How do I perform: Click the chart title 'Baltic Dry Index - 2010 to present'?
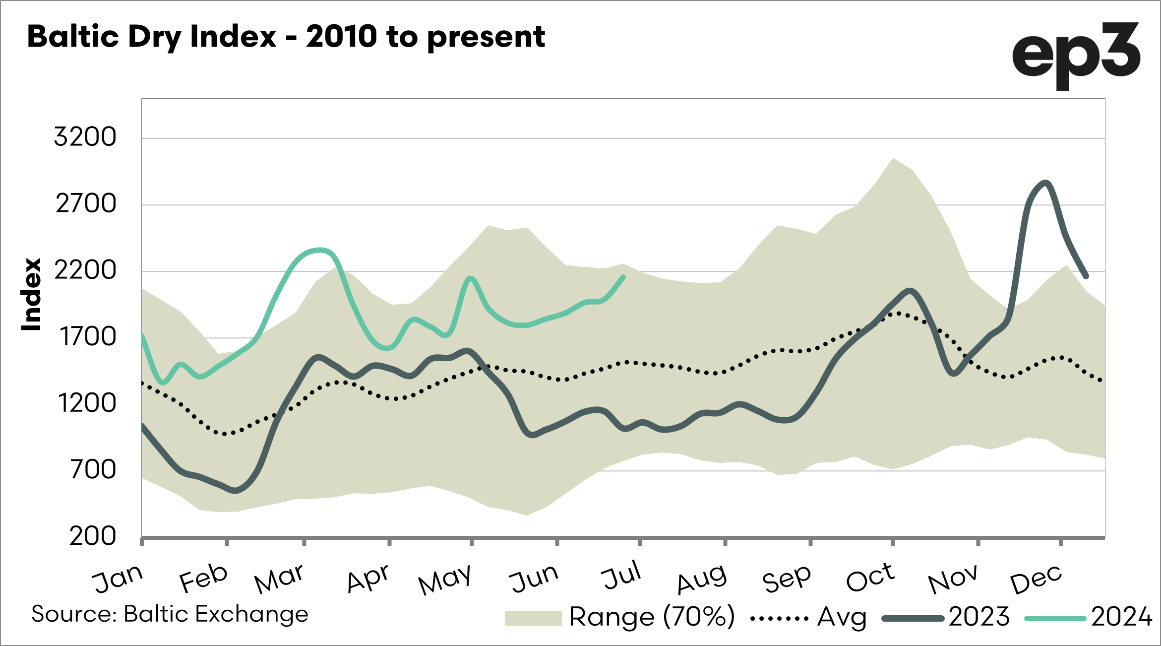coord(286,37)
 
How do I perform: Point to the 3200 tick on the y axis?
coord(85,136)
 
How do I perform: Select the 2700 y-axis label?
coord(86,203)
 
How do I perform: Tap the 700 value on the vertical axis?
coord(93,469)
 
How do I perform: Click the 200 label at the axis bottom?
coord(93,536)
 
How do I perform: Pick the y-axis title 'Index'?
coord(31,294)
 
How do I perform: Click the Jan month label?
coord(118,579)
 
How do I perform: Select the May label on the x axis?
coord(445,579)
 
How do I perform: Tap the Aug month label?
coord(702,579)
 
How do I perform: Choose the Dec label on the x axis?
coord(1036,579)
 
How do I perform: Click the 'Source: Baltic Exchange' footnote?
coord(170,614)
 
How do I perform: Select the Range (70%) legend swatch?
coord(533,618)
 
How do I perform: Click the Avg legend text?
coord(842,618)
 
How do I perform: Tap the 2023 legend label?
coord(979,617)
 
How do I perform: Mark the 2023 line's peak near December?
coord(1046,183)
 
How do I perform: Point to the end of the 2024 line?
coord(623,277)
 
